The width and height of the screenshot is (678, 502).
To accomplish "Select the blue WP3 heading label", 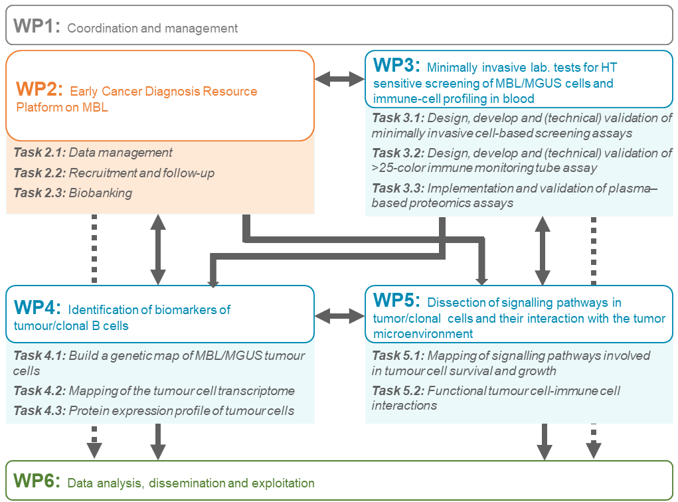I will click(x=396, y=66).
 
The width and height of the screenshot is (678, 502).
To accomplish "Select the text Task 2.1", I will click(x=39, y=153).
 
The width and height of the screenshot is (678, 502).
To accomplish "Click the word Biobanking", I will click(x=101, y=193).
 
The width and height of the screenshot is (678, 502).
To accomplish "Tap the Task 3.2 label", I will click(x=397, y=153).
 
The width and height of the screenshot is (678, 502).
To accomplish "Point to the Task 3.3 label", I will click(x=397, y=188).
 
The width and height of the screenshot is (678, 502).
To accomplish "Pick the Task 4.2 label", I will click(x=39, y=391).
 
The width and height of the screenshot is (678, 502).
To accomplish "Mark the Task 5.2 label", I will click(x=397, y=390).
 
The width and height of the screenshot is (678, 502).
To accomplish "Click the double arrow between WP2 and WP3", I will click(x=339, y=80).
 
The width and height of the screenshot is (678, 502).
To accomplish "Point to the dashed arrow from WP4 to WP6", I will click(x=94, y=441).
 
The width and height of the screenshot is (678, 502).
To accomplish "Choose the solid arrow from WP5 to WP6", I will click(x=545, y=441).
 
